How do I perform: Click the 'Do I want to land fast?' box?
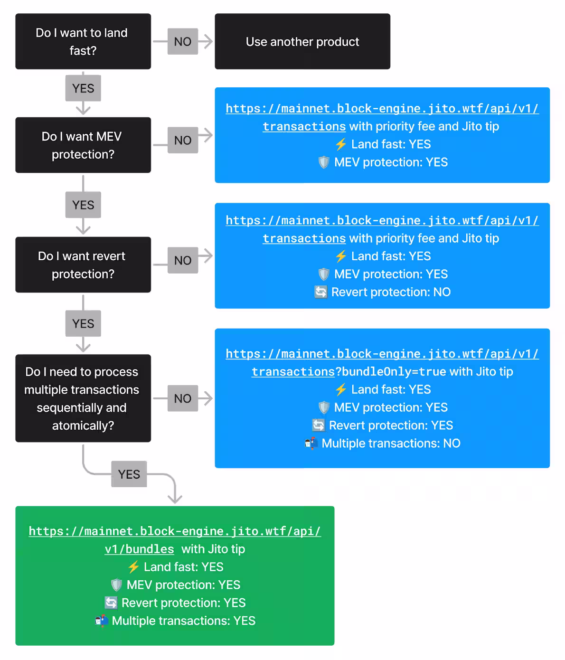click(x=83, y=41)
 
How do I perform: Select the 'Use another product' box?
click(x=302, y=41)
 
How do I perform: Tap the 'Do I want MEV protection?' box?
click(x=83, y=145)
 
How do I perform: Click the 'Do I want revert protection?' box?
click(x=83, y=264)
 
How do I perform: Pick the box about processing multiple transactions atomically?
click(x=83, y=398)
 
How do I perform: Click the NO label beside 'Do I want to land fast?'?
click(x=183, y=41)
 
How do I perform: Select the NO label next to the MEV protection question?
click(x=183, y=140)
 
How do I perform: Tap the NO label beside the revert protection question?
click(x=183, y=260)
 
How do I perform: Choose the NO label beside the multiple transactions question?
click(x=183, y=398)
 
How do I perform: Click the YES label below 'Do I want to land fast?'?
click(x=83, y=88)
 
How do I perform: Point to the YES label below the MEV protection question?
click(x=83, y=205)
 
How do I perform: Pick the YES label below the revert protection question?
click(x=83, y=323)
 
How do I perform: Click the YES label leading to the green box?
click(x=129, y=474)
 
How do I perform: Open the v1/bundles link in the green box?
click(x=140, y=549)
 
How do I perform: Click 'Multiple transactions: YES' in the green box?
click(x=183, y=621)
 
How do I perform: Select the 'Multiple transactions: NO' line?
click(x=391, y=443)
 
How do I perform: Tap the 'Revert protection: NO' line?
click(x=391, y=292)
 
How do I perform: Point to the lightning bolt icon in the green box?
click(x=133, y=567)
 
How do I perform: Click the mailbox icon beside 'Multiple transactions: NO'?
click(x=311, y=443)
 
